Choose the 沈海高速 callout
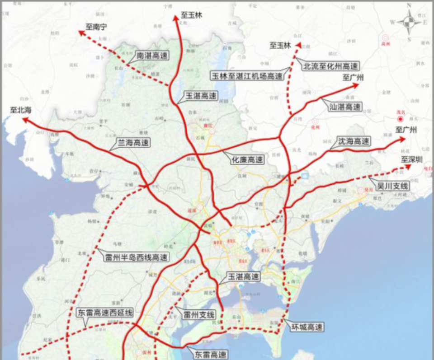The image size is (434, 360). [x=354, y=141]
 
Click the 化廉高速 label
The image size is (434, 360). [x=247, y=159]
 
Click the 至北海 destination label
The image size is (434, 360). [x=21, y=109]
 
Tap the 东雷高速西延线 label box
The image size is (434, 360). [x=104, y=313]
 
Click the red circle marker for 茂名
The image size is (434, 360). [x=399, y=119]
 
